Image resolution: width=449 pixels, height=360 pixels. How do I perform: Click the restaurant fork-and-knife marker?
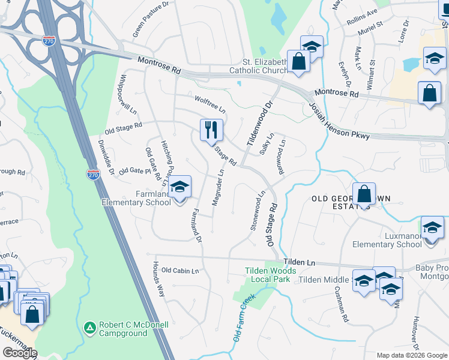click(x=211, y=130)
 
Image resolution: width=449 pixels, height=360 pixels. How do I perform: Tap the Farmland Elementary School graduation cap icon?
click(x=179, y=187)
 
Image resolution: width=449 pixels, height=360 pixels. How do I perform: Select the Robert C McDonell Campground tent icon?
click(x=89, y=328)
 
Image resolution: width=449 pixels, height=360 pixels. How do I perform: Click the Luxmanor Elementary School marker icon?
click(x=432, y=229)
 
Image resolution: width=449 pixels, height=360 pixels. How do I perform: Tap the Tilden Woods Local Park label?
click(x=267, y=275)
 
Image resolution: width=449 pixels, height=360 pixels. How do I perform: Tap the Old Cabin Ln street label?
click(x=180, y=271)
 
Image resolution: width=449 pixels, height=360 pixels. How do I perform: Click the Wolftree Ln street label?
click(x=209, y=104)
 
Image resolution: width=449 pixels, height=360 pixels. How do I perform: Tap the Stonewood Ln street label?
click(x=257, y=211)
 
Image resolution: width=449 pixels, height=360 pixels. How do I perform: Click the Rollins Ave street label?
click(x=362, y=15)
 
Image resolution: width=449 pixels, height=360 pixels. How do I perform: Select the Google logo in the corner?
click(x=20, y=352)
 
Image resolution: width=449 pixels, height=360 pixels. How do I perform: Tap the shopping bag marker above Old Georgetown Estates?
click(x=364, y=194)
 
